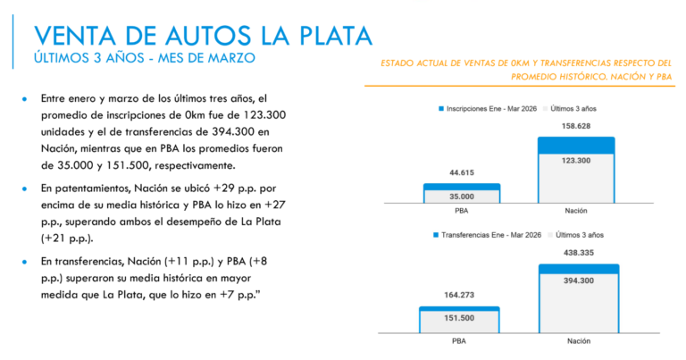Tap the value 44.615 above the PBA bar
click(x=461, y=173)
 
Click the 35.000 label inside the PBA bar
click(x=461, y=197)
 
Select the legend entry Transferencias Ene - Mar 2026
click(x=490, y=234)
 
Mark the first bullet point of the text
click(x=26, y=97)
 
